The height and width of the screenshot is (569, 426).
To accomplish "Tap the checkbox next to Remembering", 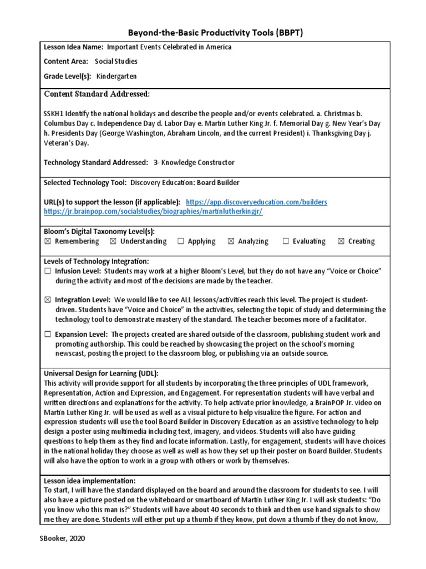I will click(47, 241).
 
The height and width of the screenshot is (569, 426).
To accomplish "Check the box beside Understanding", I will click(113, 241).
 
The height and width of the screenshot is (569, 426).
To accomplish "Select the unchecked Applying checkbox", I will click(181, 241).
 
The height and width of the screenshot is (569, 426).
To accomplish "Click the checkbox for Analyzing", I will click(231, 241).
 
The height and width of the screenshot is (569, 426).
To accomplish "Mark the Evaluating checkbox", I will click(286, 241).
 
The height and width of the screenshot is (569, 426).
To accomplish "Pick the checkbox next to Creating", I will click(341, 241).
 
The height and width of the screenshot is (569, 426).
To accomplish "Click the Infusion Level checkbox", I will click(47, 271).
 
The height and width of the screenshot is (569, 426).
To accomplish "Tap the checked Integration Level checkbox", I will click(47, 300).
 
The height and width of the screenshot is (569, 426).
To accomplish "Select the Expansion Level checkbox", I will click(47, 334).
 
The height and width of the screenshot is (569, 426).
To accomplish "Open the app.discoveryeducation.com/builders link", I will click(256, 202).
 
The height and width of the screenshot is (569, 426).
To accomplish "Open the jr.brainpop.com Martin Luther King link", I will click(153, 212).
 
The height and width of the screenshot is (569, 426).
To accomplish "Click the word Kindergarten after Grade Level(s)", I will click(116, 76).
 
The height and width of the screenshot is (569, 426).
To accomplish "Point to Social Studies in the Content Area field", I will click(116, 62).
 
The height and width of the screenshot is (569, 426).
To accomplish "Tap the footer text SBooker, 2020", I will click(63, 538).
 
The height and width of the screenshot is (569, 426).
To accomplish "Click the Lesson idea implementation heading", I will click(89, 481).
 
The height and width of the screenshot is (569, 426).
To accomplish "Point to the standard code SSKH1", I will click(54, 113).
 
